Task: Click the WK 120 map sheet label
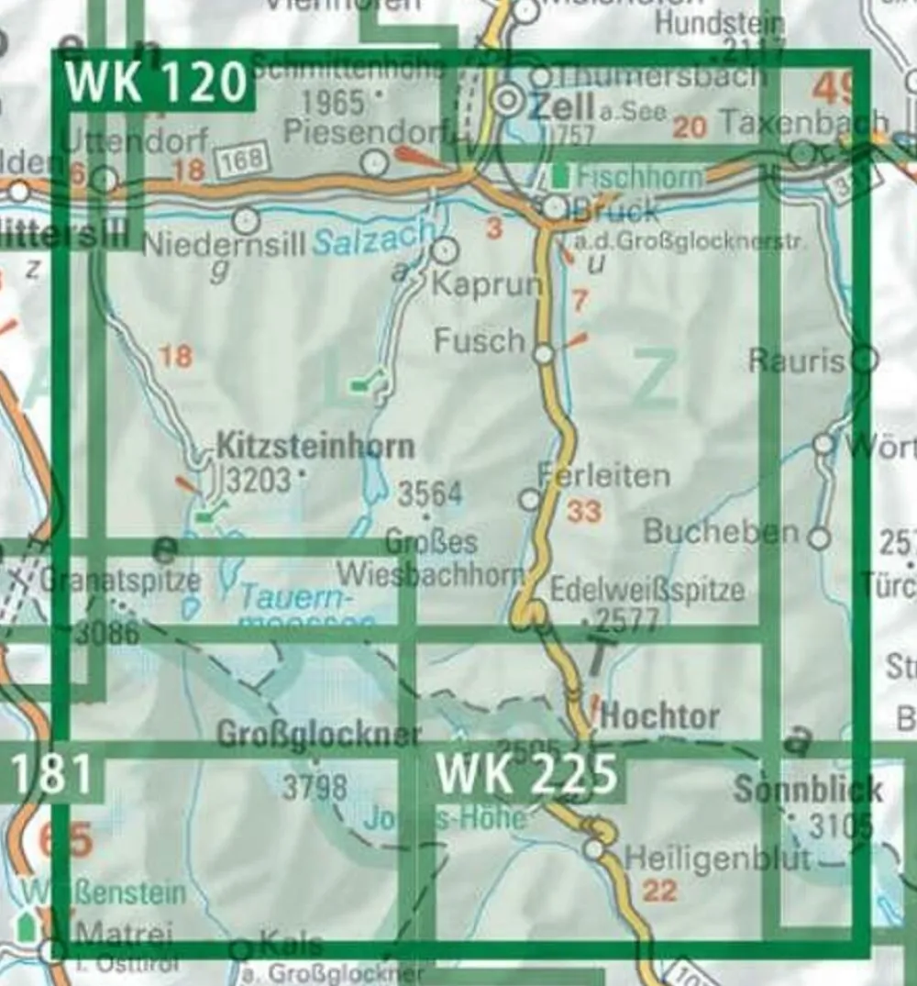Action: point(156,83)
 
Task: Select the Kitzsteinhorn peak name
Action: point(315,447)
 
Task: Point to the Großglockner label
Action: point(318,734)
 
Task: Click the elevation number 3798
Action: point(315,786)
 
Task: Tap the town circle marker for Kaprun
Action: point(444,249)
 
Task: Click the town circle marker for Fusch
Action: point(544,354)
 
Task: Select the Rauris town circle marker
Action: point(864,359)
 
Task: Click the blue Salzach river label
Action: point(370,242)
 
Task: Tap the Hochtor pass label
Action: point(659,716)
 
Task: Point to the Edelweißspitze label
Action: point(647,590)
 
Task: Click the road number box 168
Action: point(243,160)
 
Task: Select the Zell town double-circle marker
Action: point(510,102)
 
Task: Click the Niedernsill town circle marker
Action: point(245,221)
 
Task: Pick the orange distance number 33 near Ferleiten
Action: point(584,511)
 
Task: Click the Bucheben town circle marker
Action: point(819,537)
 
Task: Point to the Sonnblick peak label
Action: point(807,790)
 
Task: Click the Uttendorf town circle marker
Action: point(107,179)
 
